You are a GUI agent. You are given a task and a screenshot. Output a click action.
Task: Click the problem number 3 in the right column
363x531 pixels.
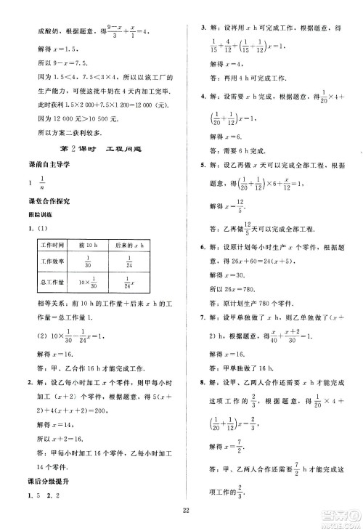coord(203,27)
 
